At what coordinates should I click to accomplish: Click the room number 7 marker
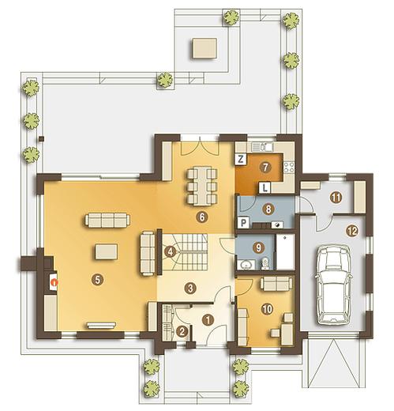[265, 167]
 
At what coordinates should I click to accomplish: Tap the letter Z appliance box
[241, 159]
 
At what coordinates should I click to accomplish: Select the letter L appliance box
[265, 188]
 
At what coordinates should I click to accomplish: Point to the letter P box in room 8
[243, 223]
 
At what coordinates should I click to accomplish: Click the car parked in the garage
[334, 285]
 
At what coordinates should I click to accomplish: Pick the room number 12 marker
[352, 231]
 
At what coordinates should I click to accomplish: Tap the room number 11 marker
[336, 198]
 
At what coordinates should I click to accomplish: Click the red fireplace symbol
[54, 282]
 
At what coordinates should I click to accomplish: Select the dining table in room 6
[202, 187]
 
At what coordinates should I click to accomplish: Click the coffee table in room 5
[107, 251]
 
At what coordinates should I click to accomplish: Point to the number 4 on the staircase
[170, 251]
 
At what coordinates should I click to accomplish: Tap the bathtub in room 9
[285, 252]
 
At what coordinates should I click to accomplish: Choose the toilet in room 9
[265, 264]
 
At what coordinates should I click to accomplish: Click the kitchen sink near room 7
[261, 147]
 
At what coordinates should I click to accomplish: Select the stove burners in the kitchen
[289, 168]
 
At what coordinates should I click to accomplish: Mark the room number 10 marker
[267, 309]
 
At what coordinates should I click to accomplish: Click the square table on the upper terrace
[205, 48]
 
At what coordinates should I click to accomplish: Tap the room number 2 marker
[182, 331]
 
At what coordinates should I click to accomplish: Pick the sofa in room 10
[276, 284]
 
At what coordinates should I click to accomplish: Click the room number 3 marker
[190, 288]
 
